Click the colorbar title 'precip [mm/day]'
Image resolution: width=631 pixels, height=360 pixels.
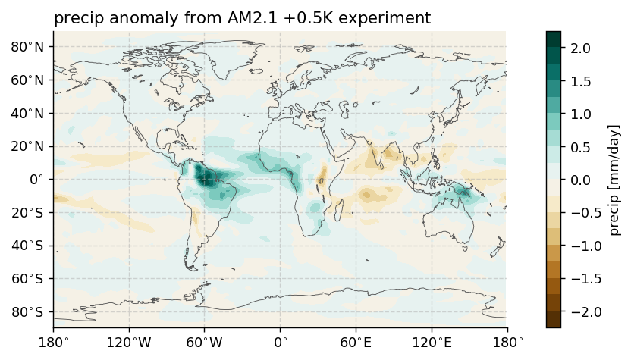614,180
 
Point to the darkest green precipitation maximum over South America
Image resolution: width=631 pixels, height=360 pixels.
204,177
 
